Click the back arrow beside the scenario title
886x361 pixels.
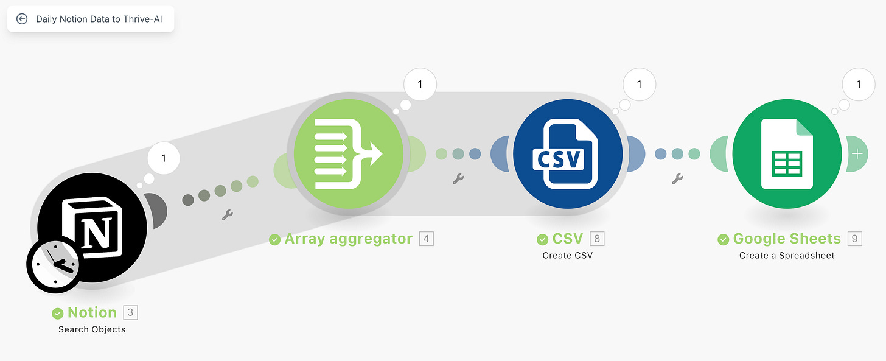click(22, 19)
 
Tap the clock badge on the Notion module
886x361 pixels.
click(53, 264)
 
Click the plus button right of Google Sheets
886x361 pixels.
click(857, 153)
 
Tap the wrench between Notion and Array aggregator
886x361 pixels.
click(228, 214)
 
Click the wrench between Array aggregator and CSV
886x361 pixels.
click(458, 178)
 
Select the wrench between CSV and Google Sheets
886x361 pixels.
click(677, 178)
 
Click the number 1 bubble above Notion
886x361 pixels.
click(163, 159)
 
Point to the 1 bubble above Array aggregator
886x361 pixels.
click(420, 85)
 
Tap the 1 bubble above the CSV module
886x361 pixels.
click(639, 85)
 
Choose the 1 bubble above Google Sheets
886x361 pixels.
click(858, 85)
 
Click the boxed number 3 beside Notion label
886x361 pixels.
click(130, 312)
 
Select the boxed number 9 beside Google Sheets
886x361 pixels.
click(854, 239)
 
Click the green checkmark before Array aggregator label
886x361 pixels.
click(275, 239)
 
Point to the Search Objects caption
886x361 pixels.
click(92, 329)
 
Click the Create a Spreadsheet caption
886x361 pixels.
click(787, 256)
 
